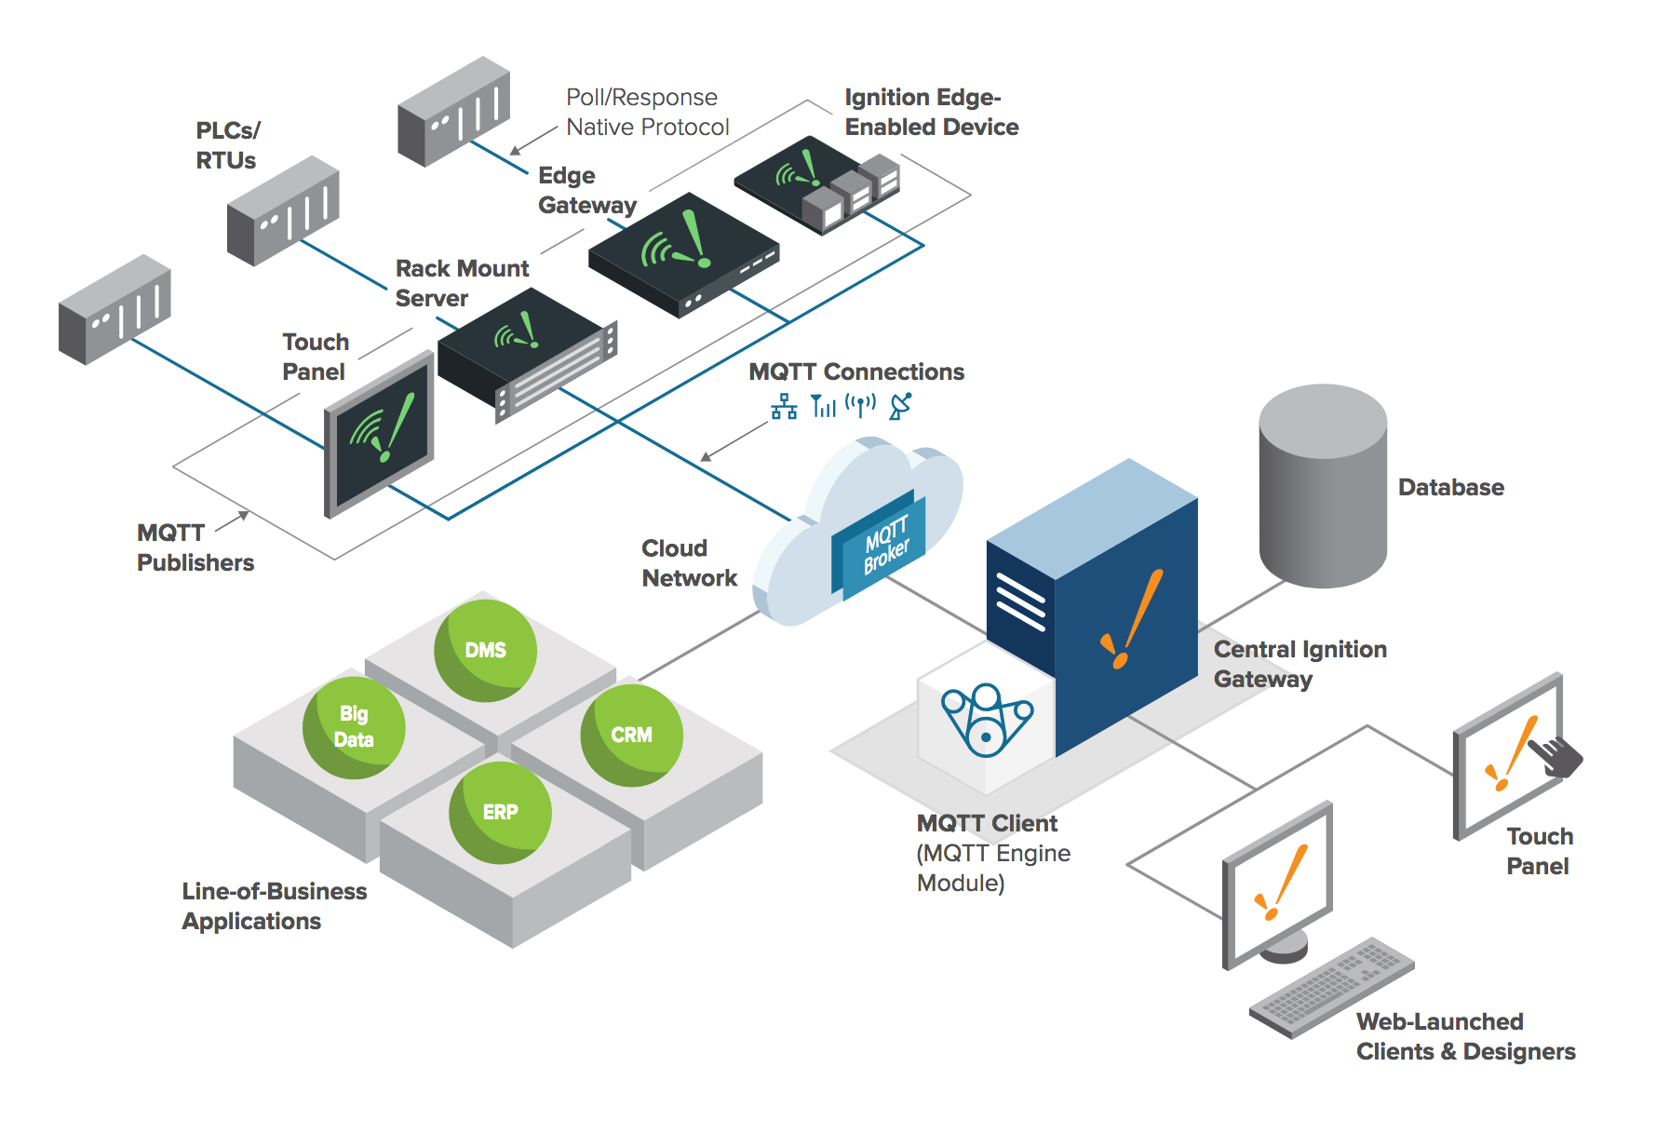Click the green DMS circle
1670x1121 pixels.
click(x=485, y=650)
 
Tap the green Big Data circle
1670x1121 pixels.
click(x=354, y=727)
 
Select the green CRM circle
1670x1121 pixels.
click(x=631, y=735)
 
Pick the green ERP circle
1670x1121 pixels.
click(x=500, y=812)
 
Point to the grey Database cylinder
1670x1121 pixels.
click(x=1323, y=486)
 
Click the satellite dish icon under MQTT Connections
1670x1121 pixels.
click(x=900, y=406)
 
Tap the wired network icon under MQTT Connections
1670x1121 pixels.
click(x=784, y=407)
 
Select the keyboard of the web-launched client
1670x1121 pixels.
click(x=1332, y=987)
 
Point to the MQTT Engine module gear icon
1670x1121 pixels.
click(x=986, y=722)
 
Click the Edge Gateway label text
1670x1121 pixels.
click(x=586, y=190)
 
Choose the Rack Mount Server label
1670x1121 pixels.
click(x=462, y=283)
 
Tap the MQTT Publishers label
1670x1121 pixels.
click(x=195, y=547)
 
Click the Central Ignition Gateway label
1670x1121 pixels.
click(x=1300, y=664)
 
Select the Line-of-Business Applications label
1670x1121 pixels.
click(x=274, y=906)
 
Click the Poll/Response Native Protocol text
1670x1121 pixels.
click(x=647, y=112)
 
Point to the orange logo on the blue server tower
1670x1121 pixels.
click(x=1132, y=620)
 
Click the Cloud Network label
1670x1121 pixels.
click(x=689, y=563)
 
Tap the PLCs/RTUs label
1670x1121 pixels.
click(x=227, y=145)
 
